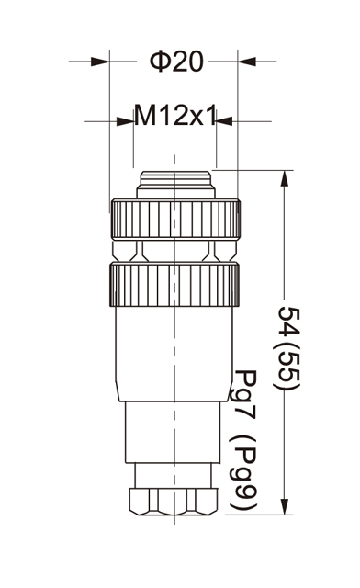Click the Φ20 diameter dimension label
[176, 62]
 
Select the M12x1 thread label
[175, 116]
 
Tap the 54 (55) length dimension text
[288, 348]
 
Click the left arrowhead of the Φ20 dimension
[100, 62]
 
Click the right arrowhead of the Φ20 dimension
[247, 62]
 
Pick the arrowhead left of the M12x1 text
[125, 121]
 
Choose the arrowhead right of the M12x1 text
[225, 121]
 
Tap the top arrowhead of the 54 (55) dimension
[285, 178]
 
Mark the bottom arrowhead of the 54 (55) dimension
[285, 506]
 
